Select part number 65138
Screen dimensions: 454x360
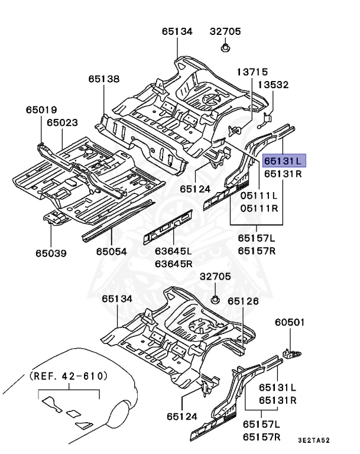point(104,78)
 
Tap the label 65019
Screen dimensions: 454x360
point(41,109)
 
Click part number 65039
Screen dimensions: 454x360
point(50,253)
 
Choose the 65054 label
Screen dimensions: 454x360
point(112,251)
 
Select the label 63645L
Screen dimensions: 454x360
point(174,251)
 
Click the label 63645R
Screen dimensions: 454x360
point(174,263)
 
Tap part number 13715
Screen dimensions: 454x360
point(253,72)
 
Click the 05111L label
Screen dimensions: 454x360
point(258,196)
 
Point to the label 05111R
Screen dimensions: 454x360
point(258,207)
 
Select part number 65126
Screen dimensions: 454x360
point(244,301)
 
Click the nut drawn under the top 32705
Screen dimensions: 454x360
point(226,47)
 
